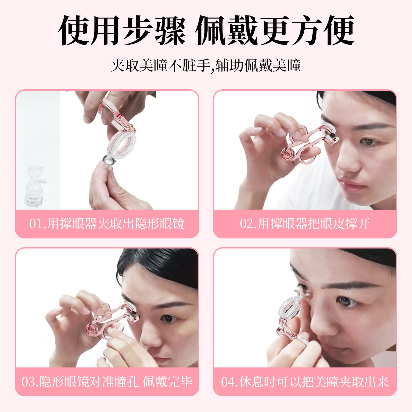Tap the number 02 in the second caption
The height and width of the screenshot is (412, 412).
[x=246, y=224]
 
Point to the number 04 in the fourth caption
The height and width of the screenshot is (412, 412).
[x=228, y=382]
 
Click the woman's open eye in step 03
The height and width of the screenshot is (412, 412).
[x=168, y=319]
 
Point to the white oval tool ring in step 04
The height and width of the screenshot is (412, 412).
[x=290, y=309]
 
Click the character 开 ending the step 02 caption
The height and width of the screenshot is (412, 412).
[x=364, y=224]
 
